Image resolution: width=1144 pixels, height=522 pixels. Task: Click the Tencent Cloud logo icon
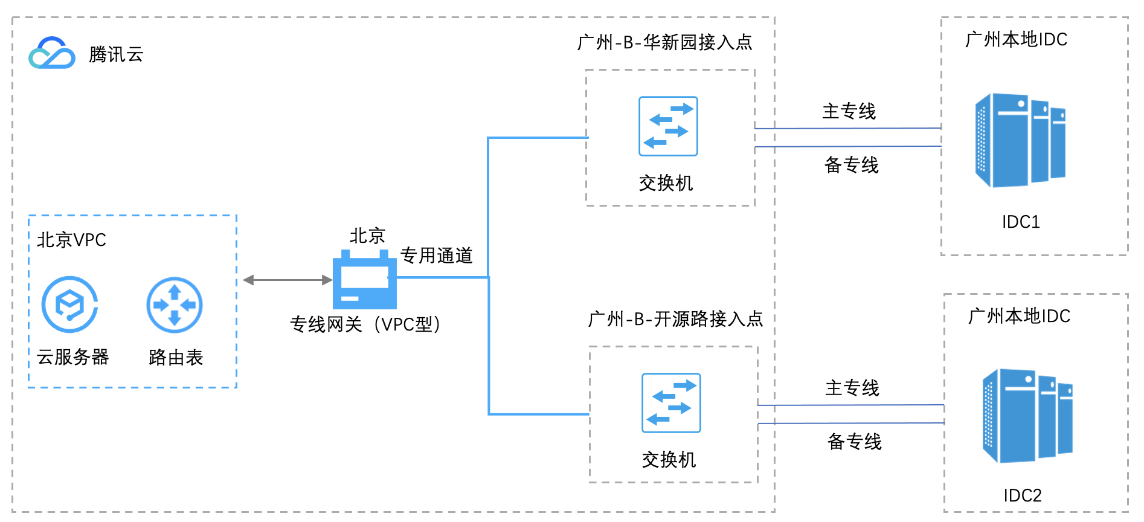click(x=52, y=53)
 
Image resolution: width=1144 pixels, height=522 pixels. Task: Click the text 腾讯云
click(x=116, y=54)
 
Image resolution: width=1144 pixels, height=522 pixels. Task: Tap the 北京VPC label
click(x=71, y=240)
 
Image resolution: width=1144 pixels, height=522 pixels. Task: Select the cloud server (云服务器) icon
click(x=70, y=304)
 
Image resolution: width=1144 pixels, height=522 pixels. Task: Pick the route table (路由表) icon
click(x=175, y=304)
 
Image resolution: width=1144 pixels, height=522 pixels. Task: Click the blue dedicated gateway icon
click(x=365, y=280)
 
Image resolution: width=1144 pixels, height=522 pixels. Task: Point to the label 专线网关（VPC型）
click(x=365, y=324)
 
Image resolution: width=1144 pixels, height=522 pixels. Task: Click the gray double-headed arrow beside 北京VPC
click(x=288, y=280)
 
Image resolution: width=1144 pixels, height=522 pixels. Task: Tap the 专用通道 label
click(x=436, y=256)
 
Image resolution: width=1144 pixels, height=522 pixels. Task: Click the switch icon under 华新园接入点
click(x=668, y=126)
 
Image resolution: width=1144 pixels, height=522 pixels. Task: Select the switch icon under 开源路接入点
click(x=671, y=403)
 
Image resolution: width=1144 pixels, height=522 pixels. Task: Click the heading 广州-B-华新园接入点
click(x=664, y=42)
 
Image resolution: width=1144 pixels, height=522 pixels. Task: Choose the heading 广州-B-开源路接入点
click(x=675, y=319)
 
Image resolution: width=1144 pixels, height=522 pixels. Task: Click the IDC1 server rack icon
click(x=1020, y=140)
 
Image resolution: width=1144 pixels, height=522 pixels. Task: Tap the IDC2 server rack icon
click(x=1027, y=416)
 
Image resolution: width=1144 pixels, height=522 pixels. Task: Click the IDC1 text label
click(x=1021, y=222)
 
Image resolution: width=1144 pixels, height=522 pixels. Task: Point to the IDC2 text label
click(x=1023, y=495)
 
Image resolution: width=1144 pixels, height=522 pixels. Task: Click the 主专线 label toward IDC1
click(x=849, y=111)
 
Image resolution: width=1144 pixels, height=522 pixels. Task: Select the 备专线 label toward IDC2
click(x=854, y=442)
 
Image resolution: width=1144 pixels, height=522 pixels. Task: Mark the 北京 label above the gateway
click(x=367, y=236)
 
